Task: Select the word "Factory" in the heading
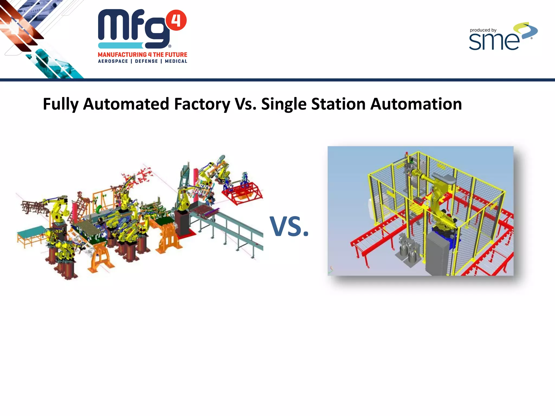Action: coord(202,104)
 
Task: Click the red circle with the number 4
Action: coord(176,20)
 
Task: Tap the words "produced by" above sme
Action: coord(483,30)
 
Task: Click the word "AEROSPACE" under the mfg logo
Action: coord(113,61)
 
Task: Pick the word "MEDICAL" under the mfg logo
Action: coord(176,61)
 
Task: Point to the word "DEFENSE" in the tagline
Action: coord(146,61)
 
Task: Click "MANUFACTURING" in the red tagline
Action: coord(122,55)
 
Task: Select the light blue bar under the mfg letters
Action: coord(121,45)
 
